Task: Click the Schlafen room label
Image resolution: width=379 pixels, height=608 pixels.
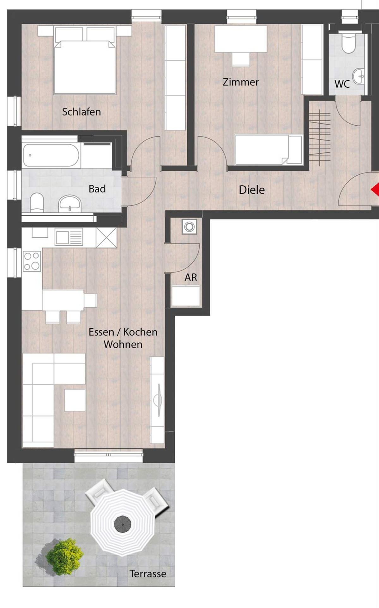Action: click(81, 112)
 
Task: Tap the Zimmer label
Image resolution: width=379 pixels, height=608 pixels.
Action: click(241, 82)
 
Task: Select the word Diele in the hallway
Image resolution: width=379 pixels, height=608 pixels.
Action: click(252, 190)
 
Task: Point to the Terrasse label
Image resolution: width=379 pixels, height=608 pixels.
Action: click(148, 574)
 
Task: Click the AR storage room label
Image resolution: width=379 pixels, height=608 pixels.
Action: click(191, 277)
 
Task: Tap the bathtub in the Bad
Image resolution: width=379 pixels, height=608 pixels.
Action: click(51, 155)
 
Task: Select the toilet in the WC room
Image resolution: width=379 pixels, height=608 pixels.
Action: click(349, 44)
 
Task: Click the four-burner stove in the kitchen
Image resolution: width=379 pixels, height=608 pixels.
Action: click(32, 261)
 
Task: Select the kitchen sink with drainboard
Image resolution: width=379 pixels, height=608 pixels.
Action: click(69, 237)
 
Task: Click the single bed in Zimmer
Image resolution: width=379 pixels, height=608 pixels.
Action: click(269, 150)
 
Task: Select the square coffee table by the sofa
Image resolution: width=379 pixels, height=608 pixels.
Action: click(75, 400)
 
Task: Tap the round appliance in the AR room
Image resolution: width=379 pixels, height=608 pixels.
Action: click(189, 227)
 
